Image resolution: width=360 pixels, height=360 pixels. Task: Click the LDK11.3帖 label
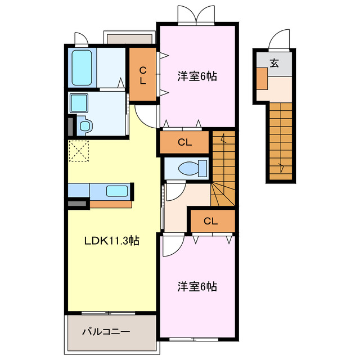[112, 241]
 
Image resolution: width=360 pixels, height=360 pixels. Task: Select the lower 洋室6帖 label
[197, 287]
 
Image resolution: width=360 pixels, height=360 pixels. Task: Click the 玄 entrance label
[274, 63]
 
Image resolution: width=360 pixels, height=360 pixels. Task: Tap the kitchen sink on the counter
[117, 191]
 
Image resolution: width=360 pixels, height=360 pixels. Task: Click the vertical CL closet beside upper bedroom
[143, 76]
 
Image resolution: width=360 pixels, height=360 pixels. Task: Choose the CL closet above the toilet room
[185, 142]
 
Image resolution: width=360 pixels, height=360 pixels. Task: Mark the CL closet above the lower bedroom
[211, 221]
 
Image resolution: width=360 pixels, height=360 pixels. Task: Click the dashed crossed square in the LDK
[79, 151]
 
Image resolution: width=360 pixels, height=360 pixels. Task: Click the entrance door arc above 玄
[278, 39]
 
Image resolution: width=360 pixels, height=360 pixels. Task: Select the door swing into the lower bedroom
[172, 245]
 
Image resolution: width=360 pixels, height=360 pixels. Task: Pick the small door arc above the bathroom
[81, 39]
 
